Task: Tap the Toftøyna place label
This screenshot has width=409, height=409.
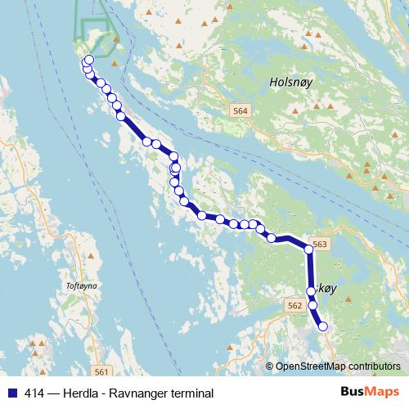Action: pos(80,286)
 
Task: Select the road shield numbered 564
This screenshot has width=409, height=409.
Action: pos(240,110)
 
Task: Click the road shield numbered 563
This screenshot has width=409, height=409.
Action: pos(320,245)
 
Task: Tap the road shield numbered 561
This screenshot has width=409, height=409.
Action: pos(98,370)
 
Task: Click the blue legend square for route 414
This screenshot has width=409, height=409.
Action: pos(11,393)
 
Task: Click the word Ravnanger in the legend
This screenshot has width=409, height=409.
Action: pos(140,393)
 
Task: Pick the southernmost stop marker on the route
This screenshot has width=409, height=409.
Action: pos(322,326)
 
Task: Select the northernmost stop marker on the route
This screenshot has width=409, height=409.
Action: pos(89,59)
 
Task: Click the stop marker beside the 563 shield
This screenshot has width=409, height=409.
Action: pos(309,249)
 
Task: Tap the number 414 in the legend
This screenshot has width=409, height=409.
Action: pos(34,393)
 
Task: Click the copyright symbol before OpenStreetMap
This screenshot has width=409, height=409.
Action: pos(269,366)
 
